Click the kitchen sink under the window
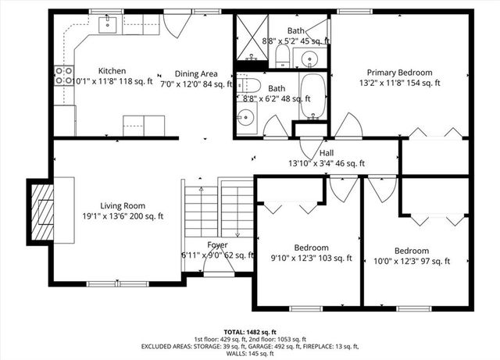pos(107,25)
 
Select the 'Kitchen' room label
pos(112,71)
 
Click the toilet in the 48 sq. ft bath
pos(246,84)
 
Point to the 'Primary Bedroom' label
pos(399,72)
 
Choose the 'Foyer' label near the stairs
pos(217,245)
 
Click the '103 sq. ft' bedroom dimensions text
pos(311,258)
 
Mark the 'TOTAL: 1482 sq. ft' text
pos(249,331)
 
